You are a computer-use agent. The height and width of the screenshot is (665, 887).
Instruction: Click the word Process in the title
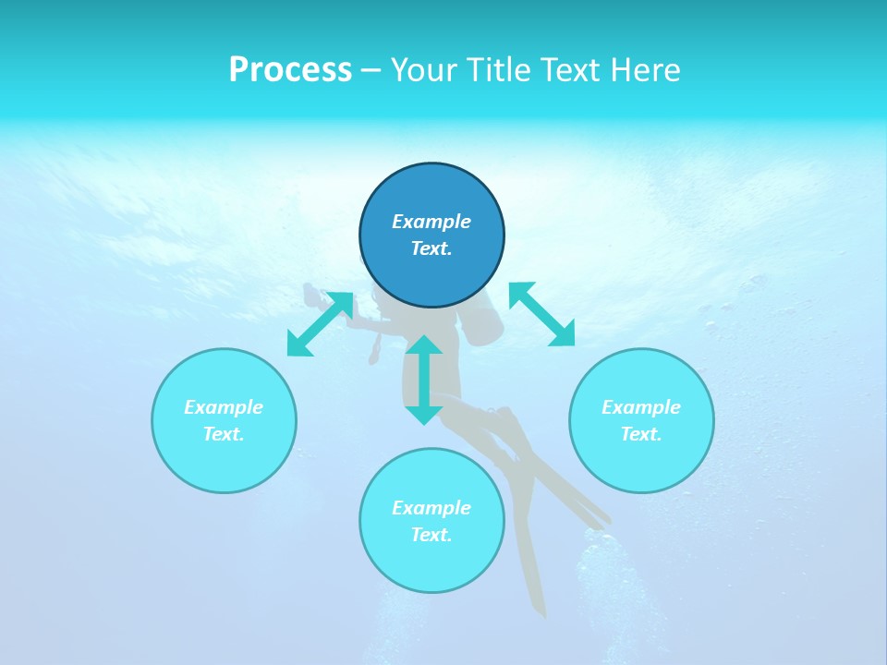click(290, 70)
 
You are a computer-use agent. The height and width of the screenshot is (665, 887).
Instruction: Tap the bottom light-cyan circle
click(431, 563)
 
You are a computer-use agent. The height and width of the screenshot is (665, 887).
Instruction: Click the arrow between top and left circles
click(320, 324)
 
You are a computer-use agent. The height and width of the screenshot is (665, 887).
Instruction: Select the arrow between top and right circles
click(541, 314)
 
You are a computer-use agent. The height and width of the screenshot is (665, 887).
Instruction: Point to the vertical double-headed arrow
click(424, 380)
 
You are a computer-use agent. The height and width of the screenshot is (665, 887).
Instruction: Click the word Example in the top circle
click(431, 222)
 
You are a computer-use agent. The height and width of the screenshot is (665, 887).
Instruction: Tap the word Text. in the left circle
click(224, 434)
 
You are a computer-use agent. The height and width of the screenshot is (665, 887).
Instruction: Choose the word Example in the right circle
click(641, 407)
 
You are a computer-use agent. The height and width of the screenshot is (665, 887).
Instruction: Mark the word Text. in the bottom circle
click(431, 535)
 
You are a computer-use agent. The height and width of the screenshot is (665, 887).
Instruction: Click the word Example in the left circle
click(224, 407)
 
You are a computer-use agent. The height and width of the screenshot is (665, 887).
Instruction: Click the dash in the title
click(371, 70)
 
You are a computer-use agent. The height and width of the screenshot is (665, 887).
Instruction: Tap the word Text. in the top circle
click(431, 248)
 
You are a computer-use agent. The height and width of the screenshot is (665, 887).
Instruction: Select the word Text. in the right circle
click(641, 434)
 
